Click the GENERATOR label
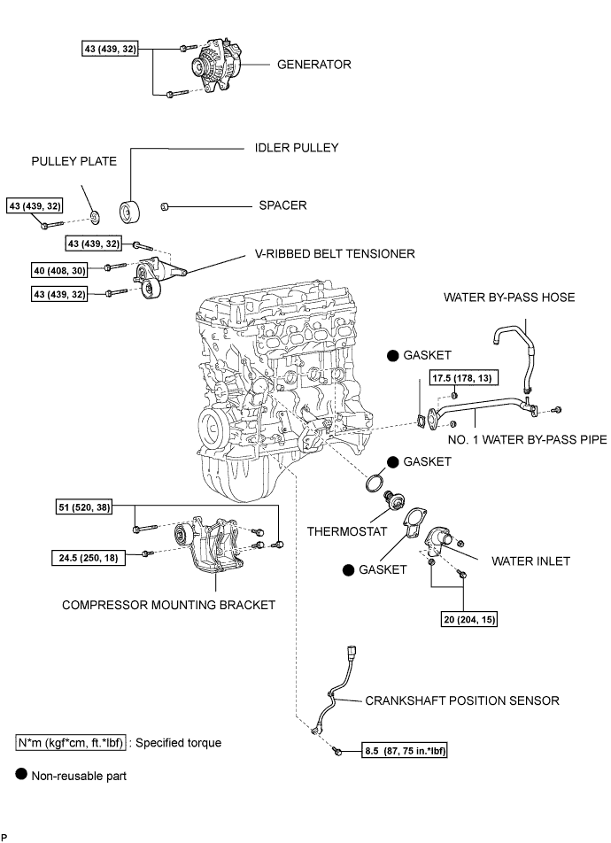pos(314,65)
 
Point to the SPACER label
pos(282,205)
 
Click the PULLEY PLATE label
pos(67,164)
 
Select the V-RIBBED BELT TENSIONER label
pos(329,254)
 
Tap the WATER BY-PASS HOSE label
pos(509,298)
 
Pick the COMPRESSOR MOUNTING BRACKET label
pos(168,606)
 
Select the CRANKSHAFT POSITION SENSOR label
pos(462,700)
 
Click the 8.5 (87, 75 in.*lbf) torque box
pos(406,753)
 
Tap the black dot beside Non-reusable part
pos(22,775)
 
